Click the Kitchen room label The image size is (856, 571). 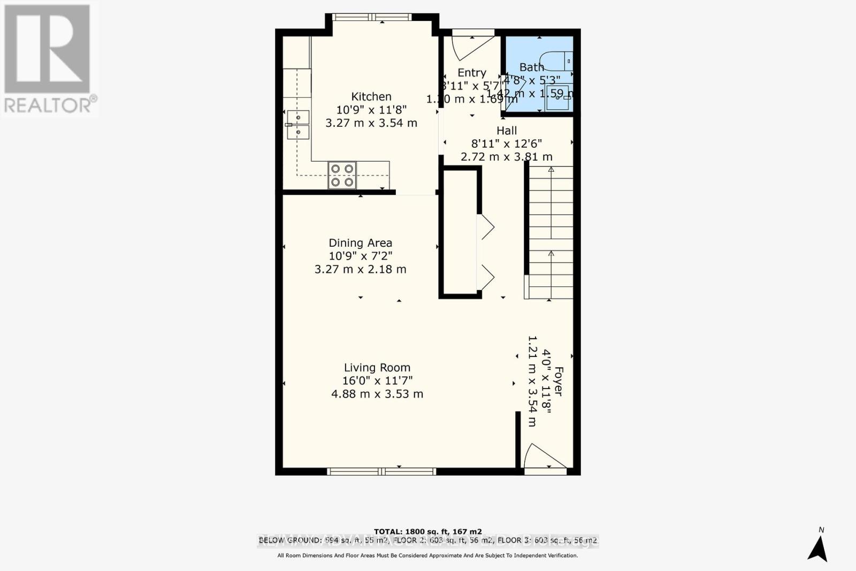click(x=371, y=97)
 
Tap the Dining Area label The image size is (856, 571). click(x=360, y=243)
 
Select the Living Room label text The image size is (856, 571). click(x=377, y=368)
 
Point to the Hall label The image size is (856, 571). click(x=507, y=131)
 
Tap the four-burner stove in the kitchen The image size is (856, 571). click(x=342, y=176)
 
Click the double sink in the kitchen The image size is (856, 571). click(x=298, y=125)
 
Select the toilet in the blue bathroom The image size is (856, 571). click(x=556, y=61)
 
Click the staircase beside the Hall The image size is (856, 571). click(x=551, y=233)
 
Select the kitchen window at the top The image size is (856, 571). click(x=372, y=18)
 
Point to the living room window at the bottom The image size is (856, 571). click(x=381, y=471)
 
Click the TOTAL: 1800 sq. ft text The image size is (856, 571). click(x=427, y=531)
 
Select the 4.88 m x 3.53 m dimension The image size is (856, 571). click(x=377, y=394)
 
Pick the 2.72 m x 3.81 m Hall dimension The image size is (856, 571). click(x=507, y=157)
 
